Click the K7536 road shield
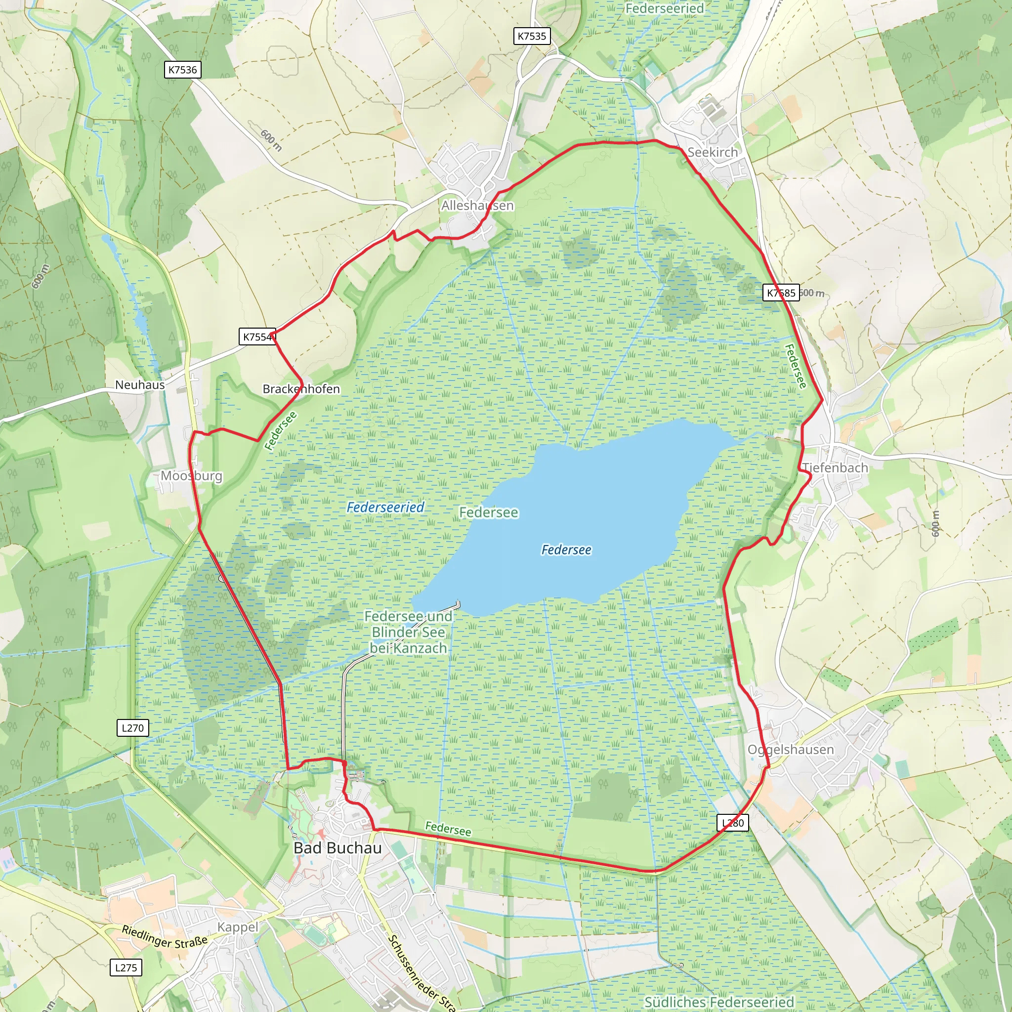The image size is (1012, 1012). (182, 70)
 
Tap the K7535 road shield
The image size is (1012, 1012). (532, 36)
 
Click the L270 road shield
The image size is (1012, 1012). (132, 727)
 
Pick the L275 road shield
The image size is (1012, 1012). (126, 968)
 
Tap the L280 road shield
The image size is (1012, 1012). (733, 823)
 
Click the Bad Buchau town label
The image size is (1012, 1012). (337, 848)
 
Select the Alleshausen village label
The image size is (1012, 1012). (477, 206)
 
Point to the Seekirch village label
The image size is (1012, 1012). (713, 152)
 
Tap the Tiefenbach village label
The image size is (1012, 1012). (835, 468)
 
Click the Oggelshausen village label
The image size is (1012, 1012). (791, 750)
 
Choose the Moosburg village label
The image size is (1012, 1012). (191, 476)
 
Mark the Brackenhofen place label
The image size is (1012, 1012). (301, 389)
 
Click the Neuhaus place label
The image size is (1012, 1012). (140, 384)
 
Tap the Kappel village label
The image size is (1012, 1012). (238, 927)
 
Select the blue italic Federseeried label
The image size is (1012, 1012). (385, 507)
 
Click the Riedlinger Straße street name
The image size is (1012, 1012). (165, 937)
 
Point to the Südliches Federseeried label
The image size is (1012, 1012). (719, 1002)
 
